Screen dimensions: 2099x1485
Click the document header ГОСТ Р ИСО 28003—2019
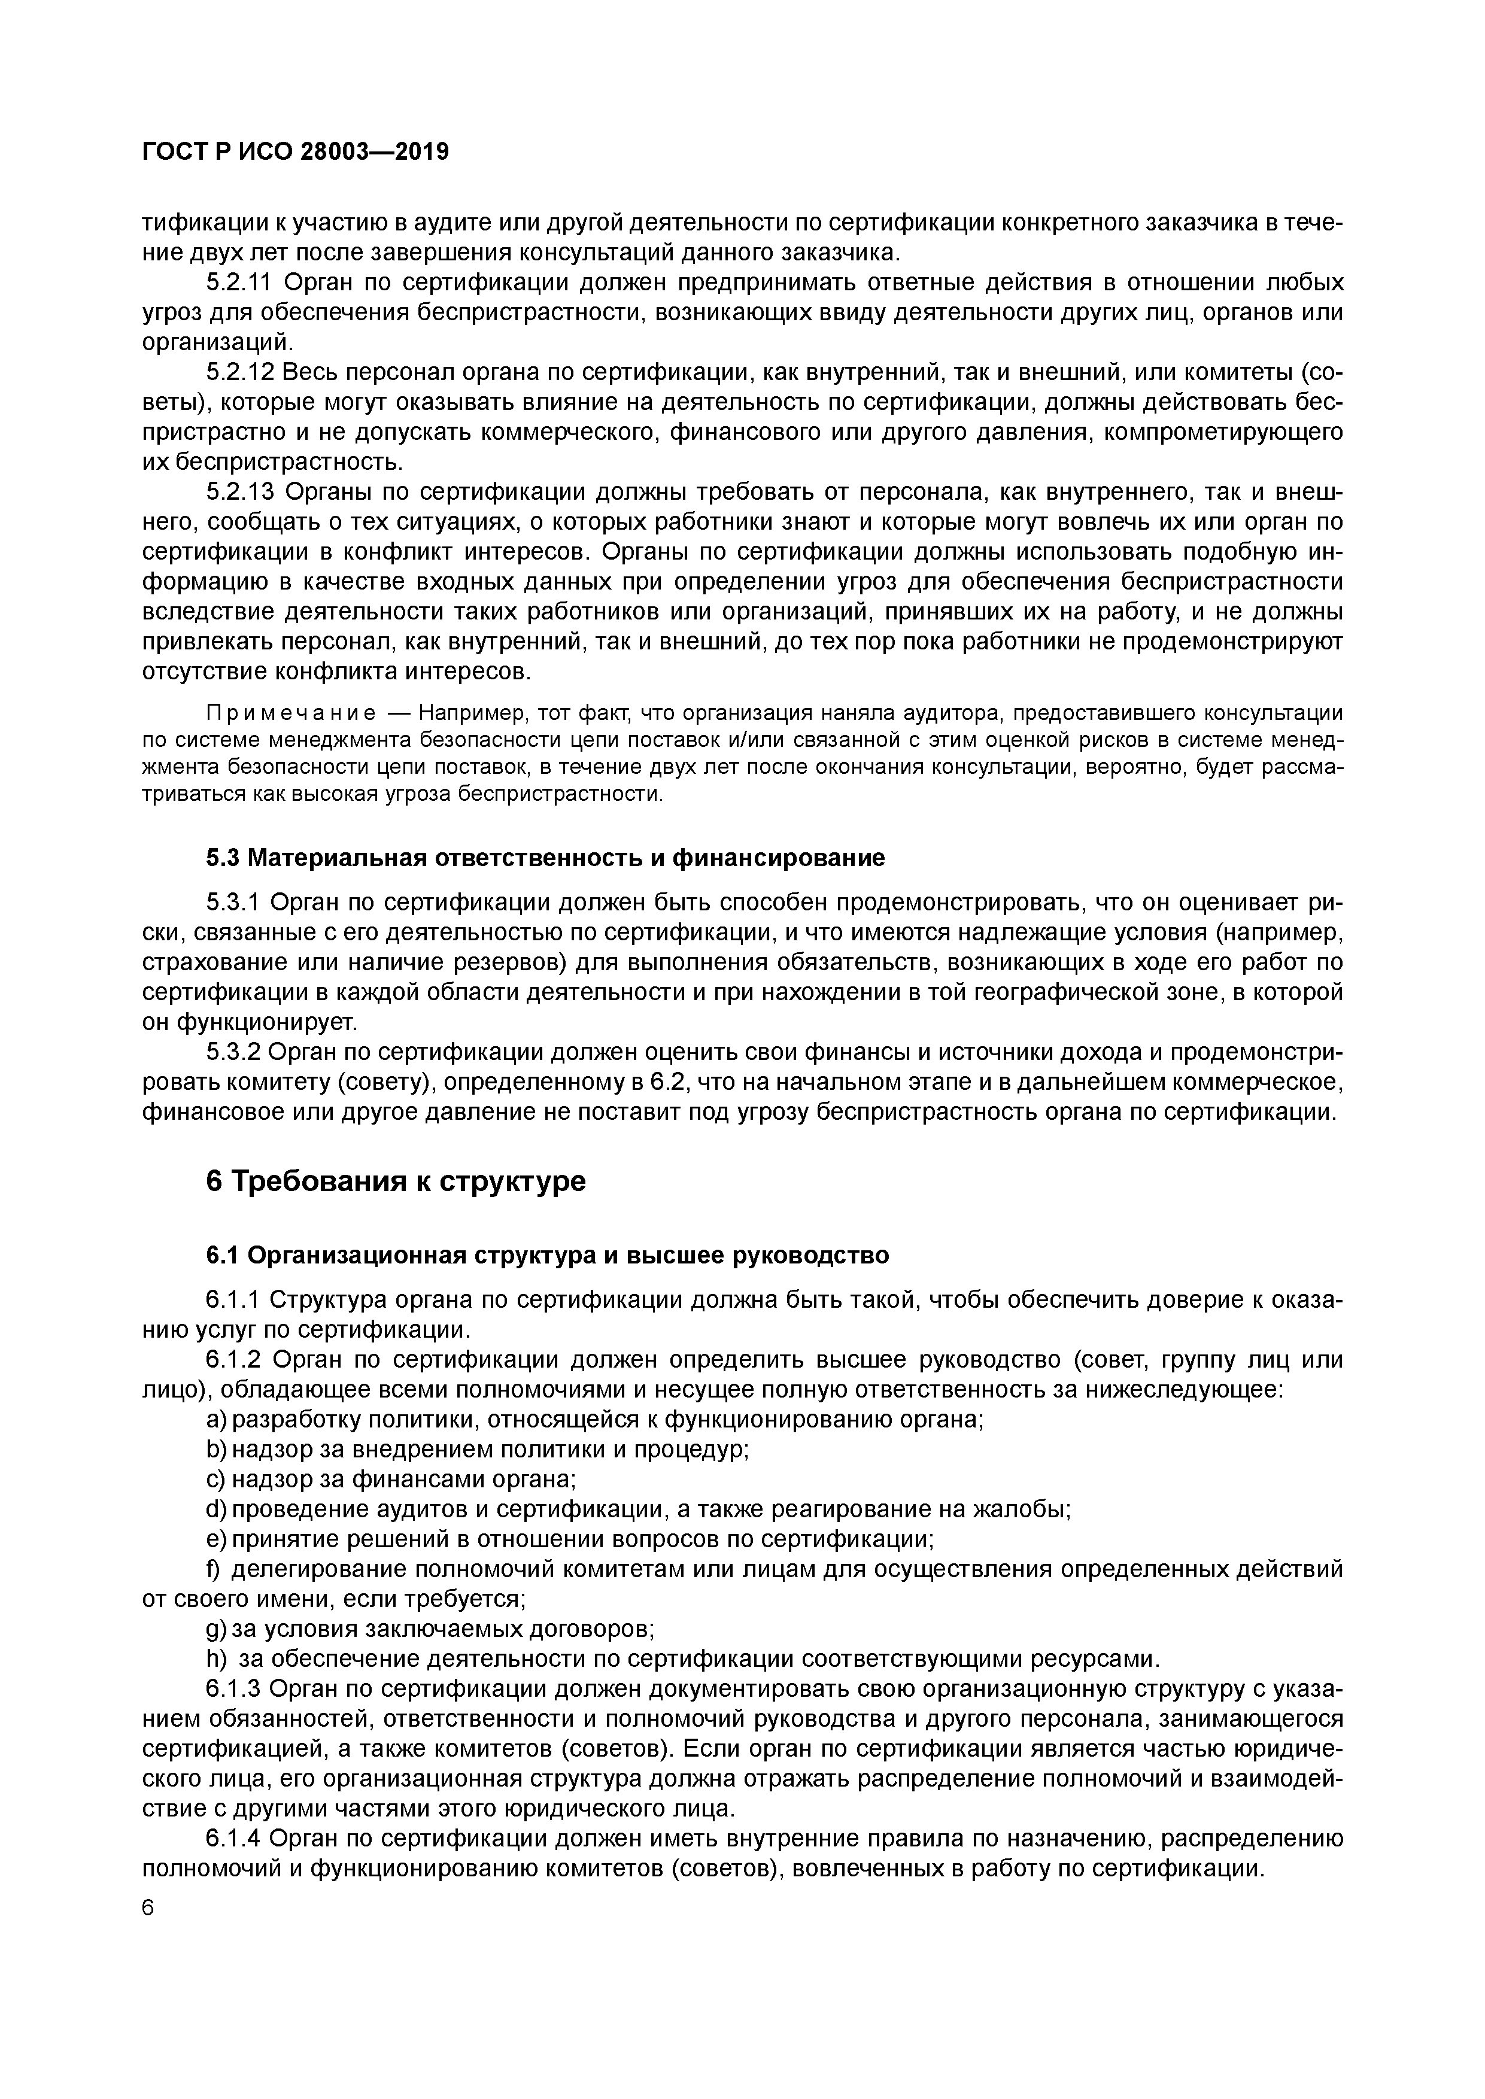coord(295,152)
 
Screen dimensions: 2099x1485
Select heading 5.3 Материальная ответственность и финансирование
coord(545,858)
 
